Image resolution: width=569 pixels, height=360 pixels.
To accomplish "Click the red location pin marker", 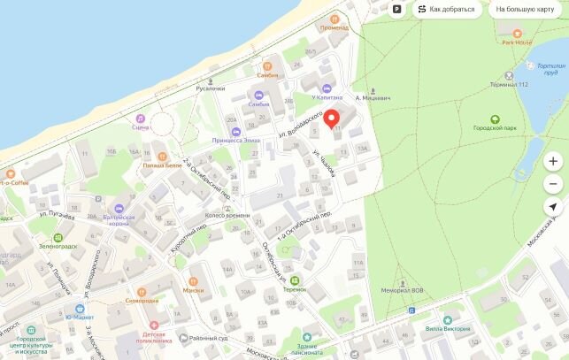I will click(333, 119).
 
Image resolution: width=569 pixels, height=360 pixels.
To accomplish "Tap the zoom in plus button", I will click(553, 162).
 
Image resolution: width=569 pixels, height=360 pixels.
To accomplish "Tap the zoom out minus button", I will click(553, 184).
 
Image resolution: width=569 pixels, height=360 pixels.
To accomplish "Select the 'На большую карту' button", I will click(525, 10).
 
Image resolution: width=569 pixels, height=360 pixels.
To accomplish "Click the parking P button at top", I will click(397, 10).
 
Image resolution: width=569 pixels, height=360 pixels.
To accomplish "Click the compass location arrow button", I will click(553, 206).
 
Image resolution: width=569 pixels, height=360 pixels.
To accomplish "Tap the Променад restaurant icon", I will click(334, 19).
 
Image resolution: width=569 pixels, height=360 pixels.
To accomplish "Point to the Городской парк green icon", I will click(495, 119).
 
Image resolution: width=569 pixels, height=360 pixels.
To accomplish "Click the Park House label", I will click(517, 42).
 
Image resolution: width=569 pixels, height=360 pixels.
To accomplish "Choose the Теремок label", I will click(294, 289).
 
